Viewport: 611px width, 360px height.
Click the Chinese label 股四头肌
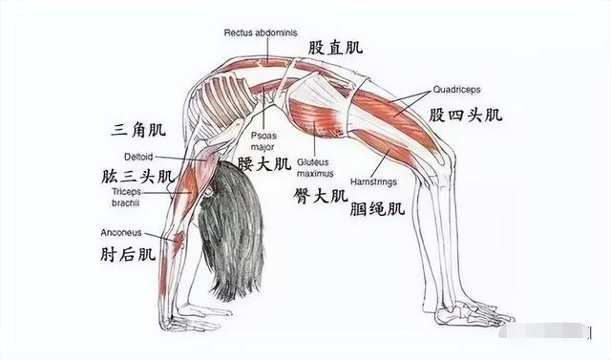pyautogui.click(x=465, y=116)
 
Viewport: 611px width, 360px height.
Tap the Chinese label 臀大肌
pyautogui.click(x=321, y=196)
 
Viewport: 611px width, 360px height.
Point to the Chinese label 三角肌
pyautogui.click(x=139, y=128)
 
